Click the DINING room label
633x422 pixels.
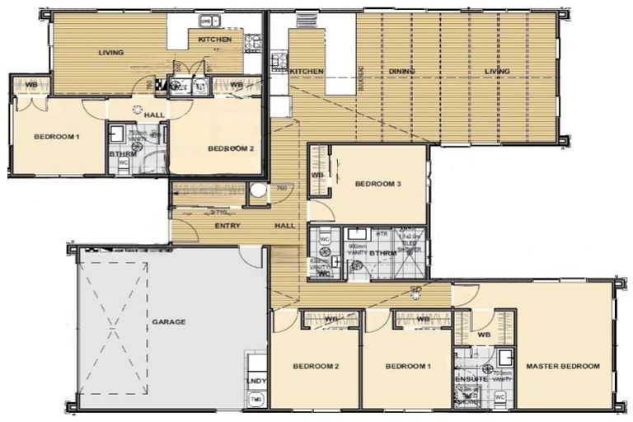pos(402,72)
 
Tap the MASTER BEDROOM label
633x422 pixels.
pos(563,366)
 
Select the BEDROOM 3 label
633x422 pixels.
pos(377,185)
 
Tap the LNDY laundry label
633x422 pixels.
pos(257,382)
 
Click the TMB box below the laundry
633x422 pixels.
pos(256,400)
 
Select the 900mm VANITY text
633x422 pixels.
pos(359,250)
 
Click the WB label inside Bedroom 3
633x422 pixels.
pos(316,176)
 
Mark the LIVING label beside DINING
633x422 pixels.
pos(497,72)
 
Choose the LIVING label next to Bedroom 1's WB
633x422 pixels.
pos(111,53)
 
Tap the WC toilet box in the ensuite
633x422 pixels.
pos(499,396)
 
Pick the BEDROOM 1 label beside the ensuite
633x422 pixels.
pos(408,366)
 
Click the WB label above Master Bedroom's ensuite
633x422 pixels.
pos(484,335)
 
